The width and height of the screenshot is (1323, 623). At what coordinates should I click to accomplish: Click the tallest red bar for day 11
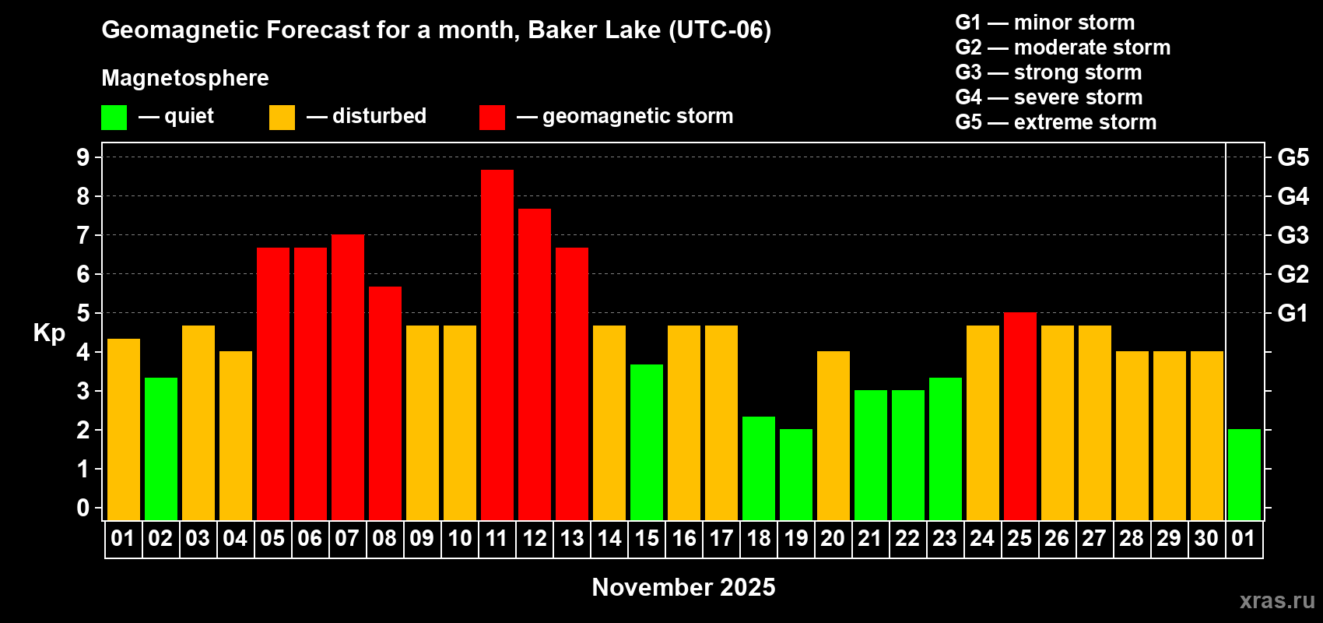click(497, 345)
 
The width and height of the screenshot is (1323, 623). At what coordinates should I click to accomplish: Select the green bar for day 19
click(795, 474)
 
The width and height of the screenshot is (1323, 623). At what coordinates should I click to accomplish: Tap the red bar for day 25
click(1020, 416)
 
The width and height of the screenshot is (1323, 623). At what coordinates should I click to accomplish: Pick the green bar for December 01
click(1244, 474)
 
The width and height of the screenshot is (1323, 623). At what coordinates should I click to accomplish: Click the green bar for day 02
click(160, 449)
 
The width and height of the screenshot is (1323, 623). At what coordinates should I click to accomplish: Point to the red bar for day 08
click(385, 403)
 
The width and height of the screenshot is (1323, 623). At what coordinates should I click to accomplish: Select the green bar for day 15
click(646, 443)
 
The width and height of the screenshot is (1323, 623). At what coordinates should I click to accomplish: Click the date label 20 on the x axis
click(833, 538)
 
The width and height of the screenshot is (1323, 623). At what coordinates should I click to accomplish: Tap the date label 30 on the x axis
click(1206, 538)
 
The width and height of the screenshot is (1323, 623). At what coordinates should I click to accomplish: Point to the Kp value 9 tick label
click(82, 157)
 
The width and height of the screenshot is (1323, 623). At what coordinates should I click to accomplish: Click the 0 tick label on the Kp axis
click(82, 508)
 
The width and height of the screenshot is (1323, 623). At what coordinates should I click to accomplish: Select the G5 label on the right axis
click(1293, 157)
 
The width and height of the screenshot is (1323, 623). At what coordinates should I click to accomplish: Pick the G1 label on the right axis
click(1293, 313)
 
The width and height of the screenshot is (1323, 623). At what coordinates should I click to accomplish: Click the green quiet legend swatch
click(114, 117)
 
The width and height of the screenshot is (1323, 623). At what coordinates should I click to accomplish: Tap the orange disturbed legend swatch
click(282, 117)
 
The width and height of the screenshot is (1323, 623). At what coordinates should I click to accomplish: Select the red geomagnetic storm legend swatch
click(492, 117)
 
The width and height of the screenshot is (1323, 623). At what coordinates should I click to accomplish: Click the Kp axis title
click(49, 333)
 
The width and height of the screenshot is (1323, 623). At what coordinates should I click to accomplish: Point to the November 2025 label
click(683, 587)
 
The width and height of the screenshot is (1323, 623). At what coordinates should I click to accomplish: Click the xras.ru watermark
click(1277, 600)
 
